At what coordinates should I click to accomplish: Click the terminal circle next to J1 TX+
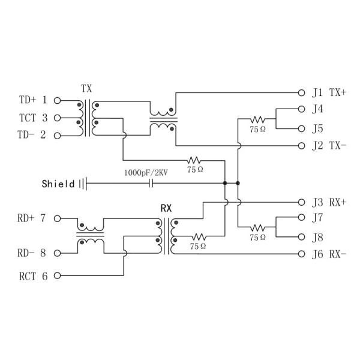pyautogui.click(x=302, y=92)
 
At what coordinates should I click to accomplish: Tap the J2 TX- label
pyautogui.click(x=329, y=146)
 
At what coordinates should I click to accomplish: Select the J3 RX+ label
pyautogui.click(x=329, y=202)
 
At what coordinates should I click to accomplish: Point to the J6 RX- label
pyautogui.click(x=329, y=254)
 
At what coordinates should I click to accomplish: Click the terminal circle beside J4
pyautogui.click(x=302, y=110)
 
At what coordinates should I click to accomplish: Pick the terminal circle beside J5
pyautogui.click(x=302, y=128)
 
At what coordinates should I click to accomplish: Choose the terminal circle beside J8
pyautogui.click(x=302, y=237)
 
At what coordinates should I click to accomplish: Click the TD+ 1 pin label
pyautogui.click(x=33, y=100)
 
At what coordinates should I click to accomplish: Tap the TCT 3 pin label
pyautogui.click(x=33, y=118)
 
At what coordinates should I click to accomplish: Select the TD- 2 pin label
pyautogui.click(x=33, y=135)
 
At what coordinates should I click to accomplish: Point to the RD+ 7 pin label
pyautogui.click(x=32, y=218)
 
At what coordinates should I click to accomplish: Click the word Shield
pyautogui.click(x=58, y=184)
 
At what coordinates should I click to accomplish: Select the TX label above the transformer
pyautogui.click(x=86, y=88)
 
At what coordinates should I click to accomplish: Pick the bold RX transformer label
pyautogui.click(x=166, y=208)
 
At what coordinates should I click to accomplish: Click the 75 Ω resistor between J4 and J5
pyautogui.click(x=258, y=119)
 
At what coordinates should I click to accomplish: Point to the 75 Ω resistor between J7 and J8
pyautogui.click(x=258, y=227)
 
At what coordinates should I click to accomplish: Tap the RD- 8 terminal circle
pyautogui.click(x=58, y=253)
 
